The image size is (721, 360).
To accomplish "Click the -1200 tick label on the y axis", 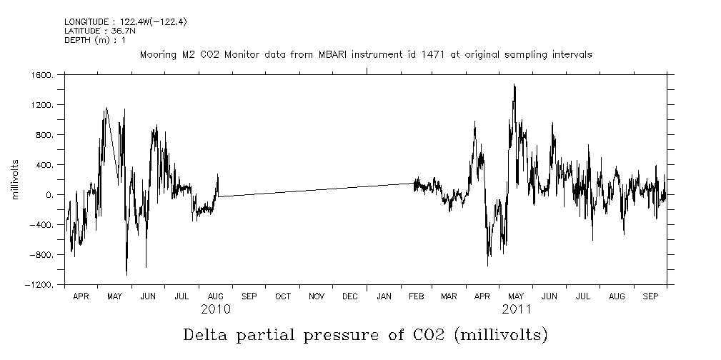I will [x=40, y=285].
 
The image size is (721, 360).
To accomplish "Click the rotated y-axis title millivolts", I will [x=14, y=180].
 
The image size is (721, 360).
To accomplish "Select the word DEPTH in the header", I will [x=76, y=40].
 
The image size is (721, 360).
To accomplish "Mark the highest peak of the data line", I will [x=514, y=84].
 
